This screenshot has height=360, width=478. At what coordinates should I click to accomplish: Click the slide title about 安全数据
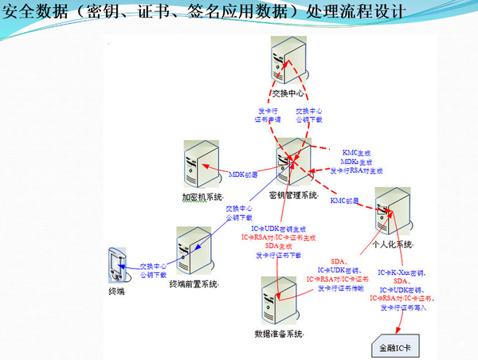(x=194, y=14)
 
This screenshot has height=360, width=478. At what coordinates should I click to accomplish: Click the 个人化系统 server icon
(x=390, y=210)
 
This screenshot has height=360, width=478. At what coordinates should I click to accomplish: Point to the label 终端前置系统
(x=197, y=284)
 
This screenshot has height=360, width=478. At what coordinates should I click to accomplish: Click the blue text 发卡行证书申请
(x=267, y=115)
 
